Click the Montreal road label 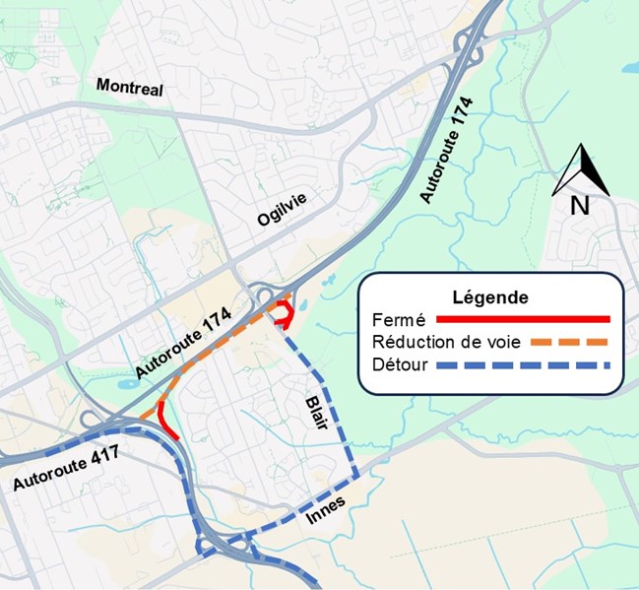(x=129, y=88)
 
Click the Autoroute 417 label (x=68, y=470)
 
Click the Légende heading (x=489, y=296)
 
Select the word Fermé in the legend (x=398, y=319)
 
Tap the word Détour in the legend (x=401, y=365)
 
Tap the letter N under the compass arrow (x=580, y=206)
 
